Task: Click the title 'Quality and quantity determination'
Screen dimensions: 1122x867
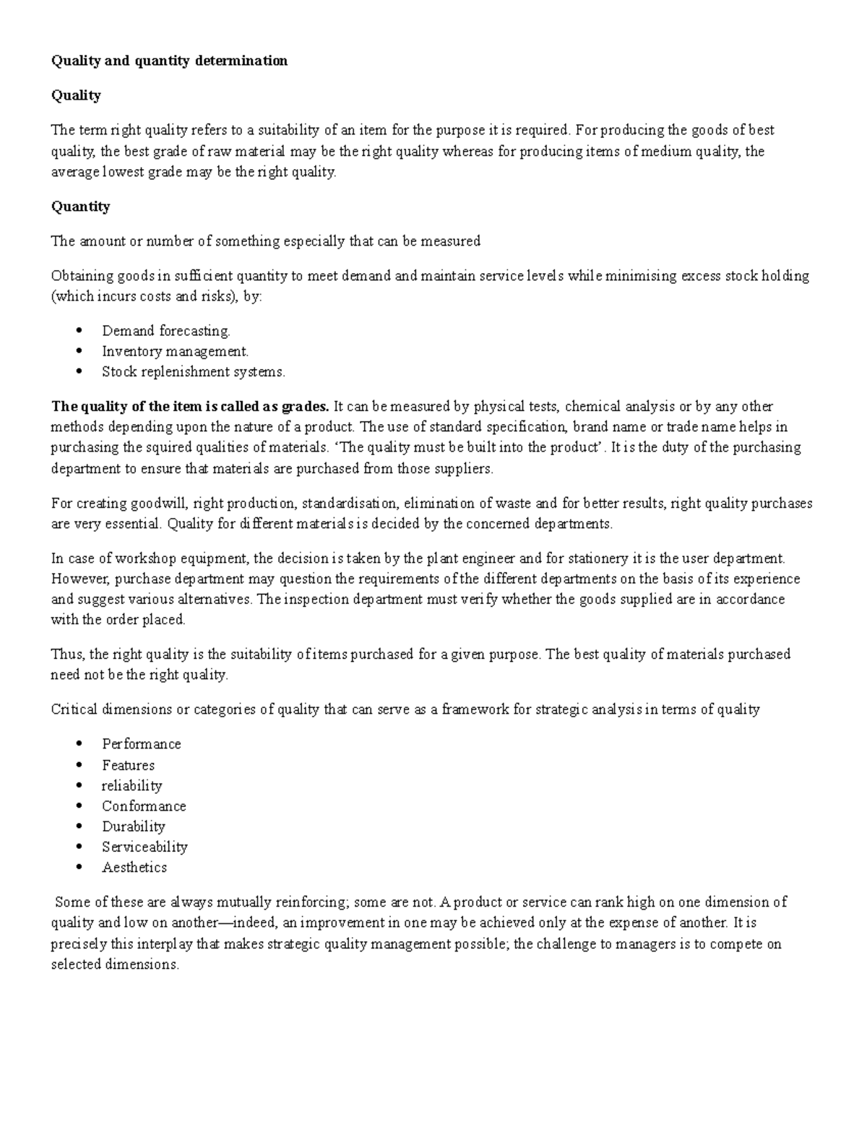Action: point(169,61)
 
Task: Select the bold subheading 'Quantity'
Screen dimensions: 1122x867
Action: point(80,207)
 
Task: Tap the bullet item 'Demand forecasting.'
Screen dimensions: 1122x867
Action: point(165,331)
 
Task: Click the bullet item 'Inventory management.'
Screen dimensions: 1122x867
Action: point(175,352)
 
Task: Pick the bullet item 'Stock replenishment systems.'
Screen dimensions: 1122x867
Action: point(193,372)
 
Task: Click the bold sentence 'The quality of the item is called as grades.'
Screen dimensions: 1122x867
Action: point(189,407)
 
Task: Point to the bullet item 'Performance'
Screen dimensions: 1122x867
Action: point(141,744)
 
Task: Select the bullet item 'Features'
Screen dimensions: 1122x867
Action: point(128,765)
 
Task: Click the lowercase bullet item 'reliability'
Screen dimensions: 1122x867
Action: point(131,785)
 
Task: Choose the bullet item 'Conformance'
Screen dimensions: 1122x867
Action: point(144,806)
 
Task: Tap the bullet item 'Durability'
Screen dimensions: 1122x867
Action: point(133,827)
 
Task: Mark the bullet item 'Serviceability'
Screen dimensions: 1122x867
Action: point(144,847)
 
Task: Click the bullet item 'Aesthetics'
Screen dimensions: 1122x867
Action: point(134,868)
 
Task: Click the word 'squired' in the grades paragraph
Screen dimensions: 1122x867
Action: point(173,448)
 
